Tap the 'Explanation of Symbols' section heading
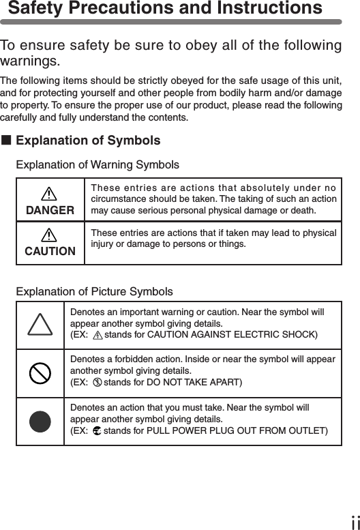tap(88, 141)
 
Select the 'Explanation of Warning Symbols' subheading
tap(97, 165)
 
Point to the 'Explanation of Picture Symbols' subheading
tap(94, 291)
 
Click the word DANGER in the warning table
tap(50, 210)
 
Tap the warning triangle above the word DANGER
tap(50, 194)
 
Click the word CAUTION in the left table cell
tap(50, 251)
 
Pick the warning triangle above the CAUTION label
tap(50, 235)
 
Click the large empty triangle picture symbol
tap(40, 325)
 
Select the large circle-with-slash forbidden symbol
tap(40, 373)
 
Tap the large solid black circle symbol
tap(40, 421)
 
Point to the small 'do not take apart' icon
tap(97, 381)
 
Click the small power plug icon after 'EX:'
tap(96, 430)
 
